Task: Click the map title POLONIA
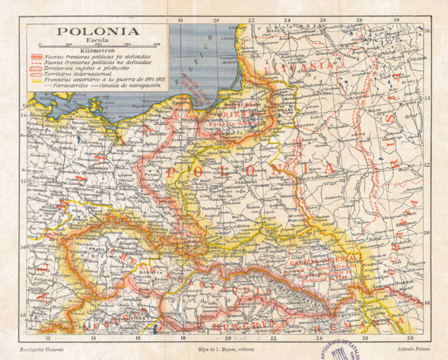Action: (x=97, y=32)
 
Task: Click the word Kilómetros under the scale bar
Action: (x=97, y=50)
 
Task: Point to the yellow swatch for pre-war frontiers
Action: (x=36, y=80)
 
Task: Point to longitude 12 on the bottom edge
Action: (x=48, y=338)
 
